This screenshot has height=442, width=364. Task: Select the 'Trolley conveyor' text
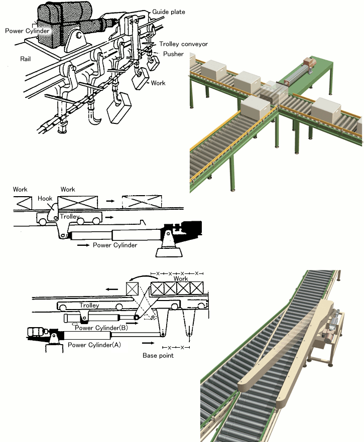coord(183,44)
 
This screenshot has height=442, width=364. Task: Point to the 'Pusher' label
coord(173,54)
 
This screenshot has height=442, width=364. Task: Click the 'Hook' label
coord(45,199)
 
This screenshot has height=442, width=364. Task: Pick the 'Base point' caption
coord(158,355)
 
